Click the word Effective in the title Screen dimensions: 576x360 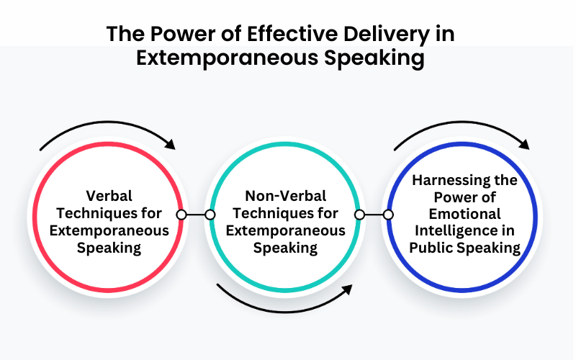(x=292, y=34)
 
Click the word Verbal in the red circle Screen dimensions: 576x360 (x=109, y=196)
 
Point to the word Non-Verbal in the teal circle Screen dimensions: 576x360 (x=285, y=196)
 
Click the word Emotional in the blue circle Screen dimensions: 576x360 (x=464, y=214)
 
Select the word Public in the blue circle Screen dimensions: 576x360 (x=428, y=248)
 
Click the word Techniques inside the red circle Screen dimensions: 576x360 (x=94, y=213)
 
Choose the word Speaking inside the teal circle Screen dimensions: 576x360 (x=285, y=248)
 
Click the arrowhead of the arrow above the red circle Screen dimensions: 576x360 (x=170, y=144)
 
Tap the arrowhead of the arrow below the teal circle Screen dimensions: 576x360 (x=347, y=290)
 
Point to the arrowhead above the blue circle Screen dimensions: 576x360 (x=524, y=144)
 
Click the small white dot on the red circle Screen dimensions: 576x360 (x=181, y=215)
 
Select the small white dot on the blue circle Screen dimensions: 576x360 (x=388, y=215)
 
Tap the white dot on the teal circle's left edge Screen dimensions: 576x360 (x=210, y=215)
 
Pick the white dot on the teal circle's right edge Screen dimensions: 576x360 (x=360, y=215)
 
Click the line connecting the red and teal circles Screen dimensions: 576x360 (x=196, y=215)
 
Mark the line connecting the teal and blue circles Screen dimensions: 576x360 (x=374, y=215)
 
